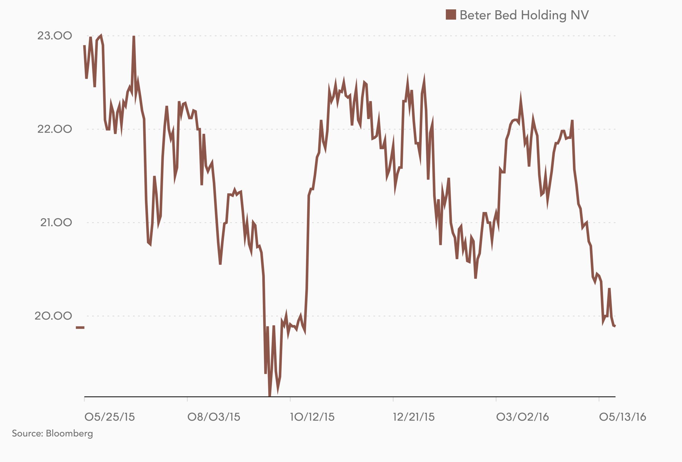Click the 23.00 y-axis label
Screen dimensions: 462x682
pos(54,36)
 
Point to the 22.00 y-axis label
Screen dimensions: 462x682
pos(54,129)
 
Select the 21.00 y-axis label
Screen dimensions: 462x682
pos(56,222)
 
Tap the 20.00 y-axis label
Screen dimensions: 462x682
pos(53,316)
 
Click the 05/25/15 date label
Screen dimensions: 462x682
pos(109,417)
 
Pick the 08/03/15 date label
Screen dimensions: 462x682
pos(214,417)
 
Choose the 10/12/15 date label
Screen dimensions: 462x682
pos(312,417)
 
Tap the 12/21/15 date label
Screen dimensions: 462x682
pos(414,417)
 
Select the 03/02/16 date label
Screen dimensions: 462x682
pos(522,417)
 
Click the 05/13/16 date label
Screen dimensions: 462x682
pos(622,417)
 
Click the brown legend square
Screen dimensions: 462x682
pos(451,15)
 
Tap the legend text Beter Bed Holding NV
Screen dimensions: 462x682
pos(524,15)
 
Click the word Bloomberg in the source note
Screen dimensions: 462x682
pos(69,434)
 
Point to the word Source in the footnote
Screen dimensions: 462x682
pos(27,434)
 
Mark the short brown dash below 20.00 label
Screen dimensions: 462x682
pos(80,327)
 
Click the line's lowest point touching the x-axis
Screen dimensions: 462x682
pos(270,395)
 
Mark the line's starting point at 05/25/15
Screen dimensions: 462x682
pos(84,46)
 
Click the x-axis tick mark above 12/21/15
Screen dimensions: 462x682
pos(393,399)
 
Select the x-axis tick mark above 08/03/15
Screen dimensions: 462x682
pos(187,399)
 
